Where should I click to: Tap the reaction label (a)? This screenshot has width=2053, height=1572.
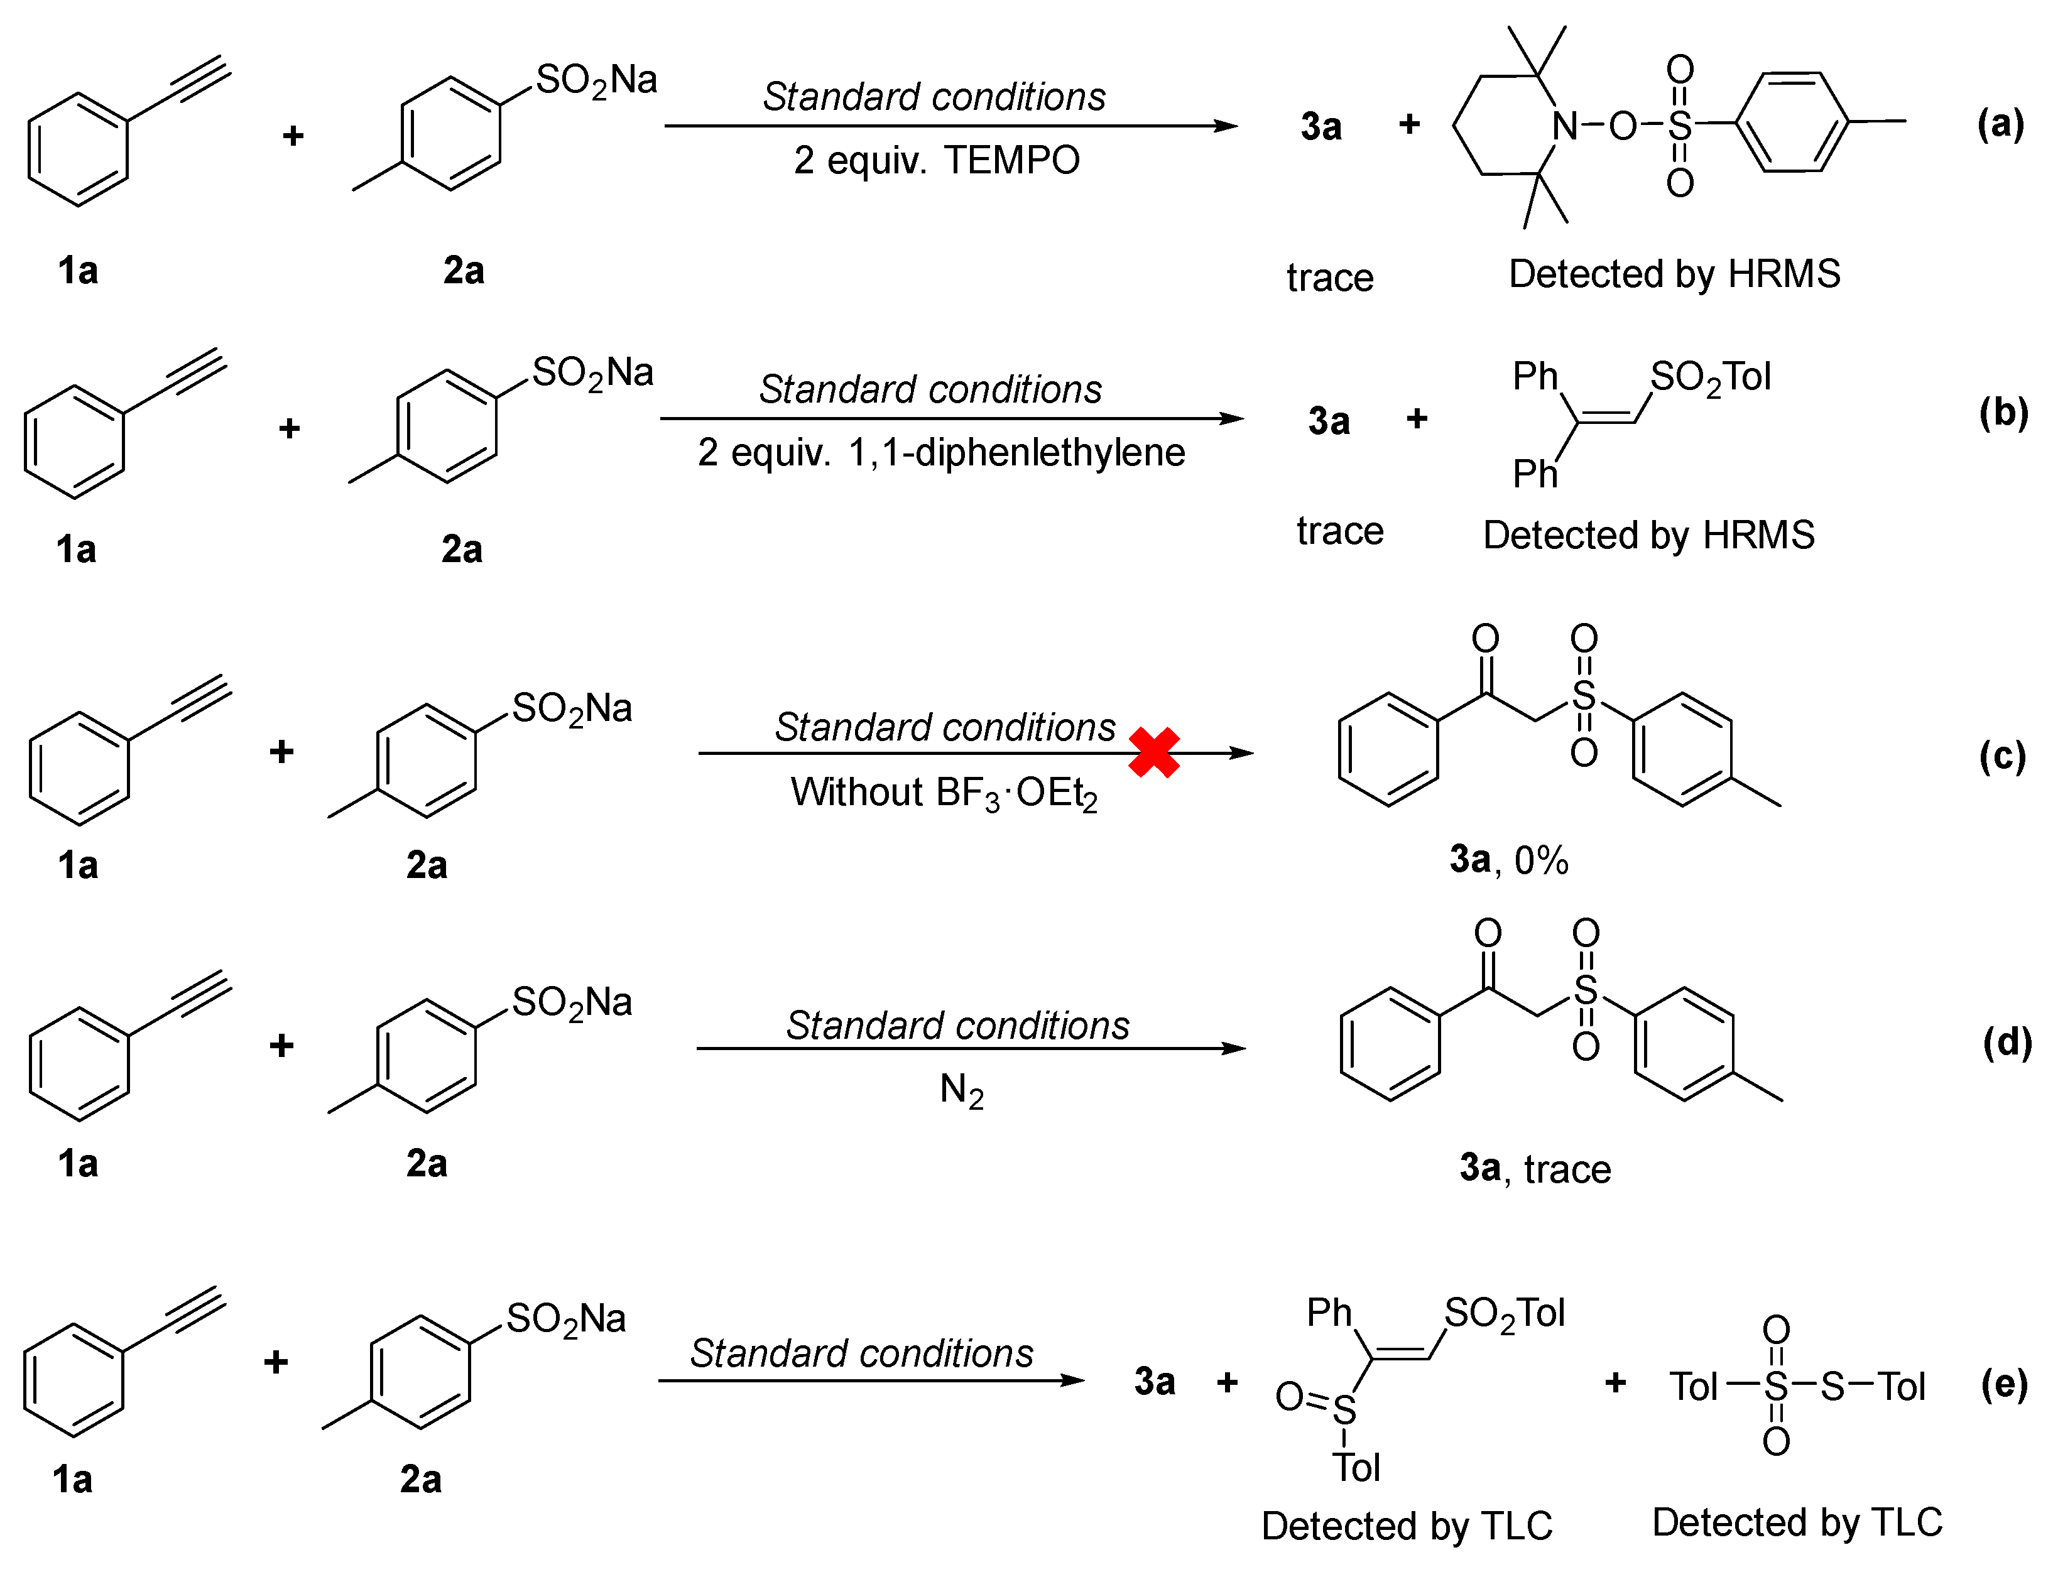coord(2001,124)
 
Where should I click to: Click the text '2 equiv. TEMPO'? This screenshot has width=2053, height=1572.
coord(936,160)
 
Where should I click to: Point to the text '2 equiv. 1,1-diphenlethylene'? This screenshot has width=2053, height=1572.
coord(940,453)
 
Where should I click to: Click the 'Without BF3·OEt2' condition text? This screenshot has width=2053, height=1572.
coord(943,793)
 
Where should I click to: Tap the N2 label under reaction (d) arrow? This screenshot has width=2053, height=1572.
coord(961,1090)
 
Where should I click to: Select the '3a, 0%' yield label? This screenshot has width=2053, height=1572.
coord(1508,859)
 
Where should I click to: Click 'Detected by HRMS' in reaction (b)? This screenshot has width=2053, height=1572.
coord(1649,535)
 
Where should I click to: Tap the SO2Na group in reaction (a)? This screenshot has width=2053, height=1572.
coord(596,80)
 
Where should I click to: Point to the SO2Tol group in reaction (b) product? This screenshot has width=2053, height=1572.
coord(1709,377)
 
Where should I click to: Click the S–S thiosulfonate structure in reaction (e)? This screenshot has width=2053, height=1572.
coord(1797,1386)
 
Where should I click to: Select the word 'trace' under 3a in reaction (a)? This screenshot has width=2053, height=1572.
coord(1330,278)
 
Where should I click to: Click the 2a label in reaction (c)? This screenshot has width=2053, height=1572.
coord(426,865)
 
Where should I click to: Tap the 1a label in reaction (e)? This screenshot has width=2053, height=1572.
coord(72,1480)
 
